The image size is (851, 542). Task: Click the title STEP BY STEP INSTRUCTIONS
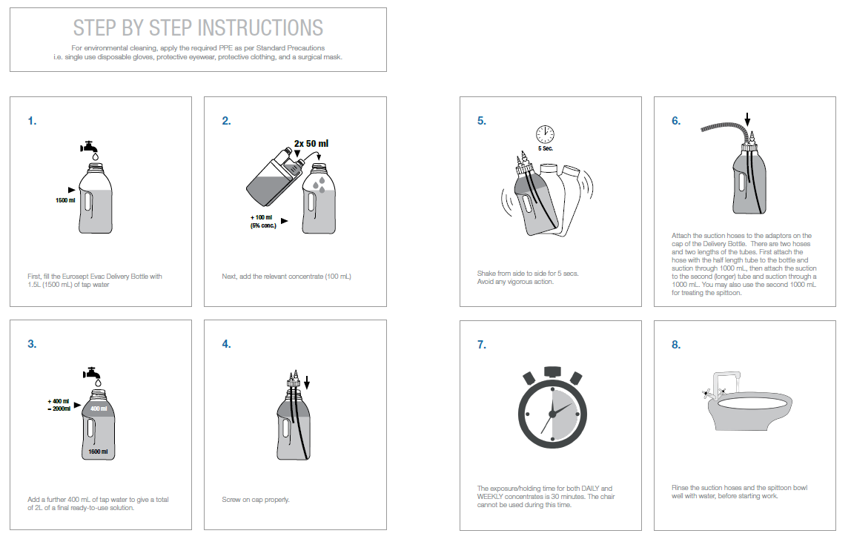click(x=198, y=27)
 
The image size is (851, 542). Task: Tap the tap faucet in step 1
click(x=89, y=147)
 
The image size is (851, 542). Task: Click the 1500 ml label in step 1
click(x=65, y=200)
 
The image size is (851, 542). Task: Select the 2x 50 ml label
click(x=311, y=143)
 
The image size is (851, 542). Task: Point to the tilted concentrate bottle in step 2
click(x=275, y=177)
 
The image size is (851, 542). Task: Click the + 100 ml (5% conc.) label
click(x=263, y=222)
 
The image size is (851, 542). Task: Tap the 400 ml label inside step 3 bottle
click(x=99, y=409)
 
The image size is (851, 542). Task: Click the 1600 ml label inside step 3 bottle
click(x=99, y=452)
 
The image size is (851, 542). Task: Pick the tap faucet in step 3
click(x=92, y=373)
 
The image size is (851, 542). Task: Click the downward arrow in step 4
click(x=307, y=383)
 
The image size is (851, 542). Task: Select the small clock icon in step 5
click(x=545, y=134)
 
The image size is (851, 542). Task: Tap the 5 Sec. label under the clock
click(x=546, y=148)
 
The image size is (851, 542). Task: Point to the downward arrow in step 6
click(x=747, y=119)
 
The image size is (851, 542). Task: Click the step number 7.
click(x=481, y=345)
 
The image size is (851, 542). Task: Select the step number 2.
click(x=226, y=121)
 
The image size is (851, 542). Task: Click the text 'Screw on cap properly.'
click(x=256, y=500)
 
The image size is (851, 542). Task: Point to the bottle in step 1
click(x=96, y=198)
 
